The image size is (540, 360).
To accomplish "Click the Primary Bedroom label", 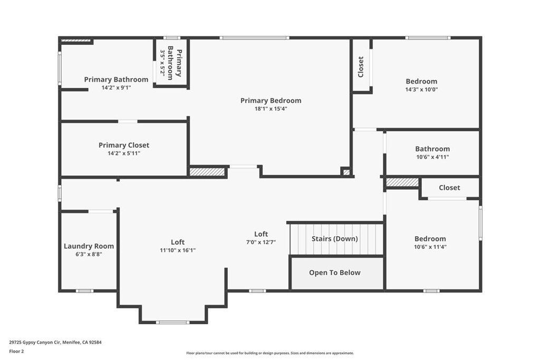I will coord(271,101).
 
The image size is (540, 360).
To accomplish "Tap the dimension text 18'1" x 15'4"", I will coord(271,109).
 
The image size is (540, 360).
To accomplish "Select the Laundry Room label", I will coord(89,246).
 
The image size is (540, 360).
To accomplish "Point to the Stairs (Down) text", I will coord(334,239).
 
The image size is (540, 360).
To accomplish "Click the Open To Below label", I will coord(334,273).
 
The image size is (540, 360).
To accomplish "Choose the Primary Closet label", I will coord(124,145).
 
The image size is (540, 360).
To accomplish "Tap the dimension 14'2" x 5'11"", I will coord(124,153).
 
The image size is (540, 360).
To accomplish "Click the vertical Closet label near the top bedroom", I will coord(361,67).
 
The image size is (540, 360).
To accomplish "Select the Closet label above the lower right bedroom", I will coord(449,188).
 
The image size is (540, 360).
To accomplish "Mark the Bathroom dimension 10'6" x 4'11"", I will coord(432,157).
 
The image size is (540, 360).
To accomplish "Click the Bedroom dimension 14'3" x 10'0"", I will coord(421,90).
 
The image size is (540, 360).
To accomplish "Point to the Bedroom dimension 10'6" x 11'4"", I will coord(430,247).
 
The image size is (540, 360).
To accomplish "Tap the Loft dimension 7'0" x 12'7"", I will coord(261,242).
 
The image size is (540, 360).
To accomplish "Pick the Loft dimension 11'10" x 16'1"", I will coord(178,250).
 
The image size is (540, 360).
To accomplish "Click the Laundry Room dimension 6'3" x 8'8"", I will coord(89,254).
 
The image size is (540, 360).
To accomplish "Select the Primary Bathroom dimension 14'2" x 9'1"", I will coord(116,88).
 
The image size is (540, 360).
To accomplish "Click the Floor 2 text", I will coord(17,351).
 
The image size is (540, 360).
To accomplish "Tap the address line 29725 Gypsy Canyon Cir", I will coord(55,342).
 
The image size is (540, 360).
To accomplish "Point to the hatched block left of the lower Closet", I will coord(402,182).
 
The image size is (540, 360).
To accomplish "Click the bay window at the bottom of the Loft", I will coord(172,322).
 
